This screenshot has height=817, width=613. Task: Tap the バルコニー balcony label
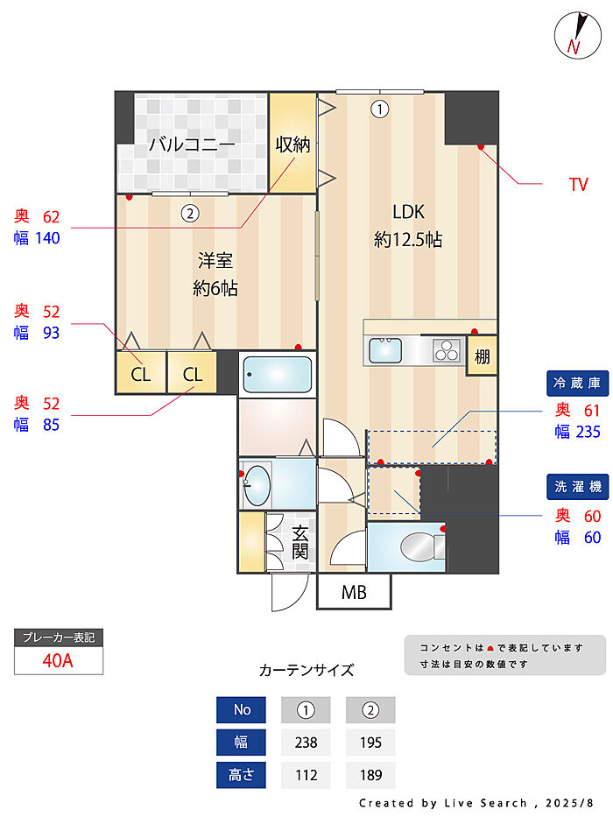191,144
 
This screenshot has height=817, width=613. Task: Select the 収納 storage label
292,144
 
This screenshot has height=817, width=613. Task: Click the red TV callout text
578,185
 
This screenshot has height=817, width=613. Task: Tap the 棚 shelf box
482,356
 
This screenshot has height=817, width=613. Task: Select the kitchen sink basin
386,350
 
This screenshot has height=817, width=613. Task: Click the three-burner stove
447,350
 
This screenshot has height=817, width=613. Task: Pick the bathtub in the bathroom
277,375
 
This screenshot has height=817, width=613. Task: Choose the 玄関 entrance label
300,541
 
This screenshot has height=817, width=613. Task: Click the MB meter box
354,593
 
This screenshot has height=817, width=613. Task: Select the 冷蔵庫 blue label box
576,383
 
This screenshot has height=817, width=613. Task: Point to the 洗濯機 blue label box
576,487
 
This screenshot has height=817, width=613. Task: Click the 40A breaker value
58,661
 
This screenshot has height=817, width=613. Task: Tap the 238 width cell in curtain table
306,743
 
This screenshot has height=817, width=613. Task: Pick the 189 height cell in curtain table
370,775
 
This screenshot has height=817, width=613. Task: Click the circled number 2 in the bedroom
188,211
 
